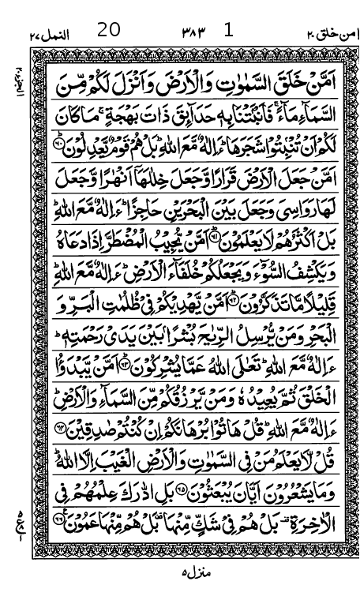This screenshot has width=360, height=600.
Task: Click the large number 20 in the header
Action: [x=109, y=31]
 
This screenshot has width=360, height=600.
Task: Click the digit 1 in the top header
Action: [x=229, y=31]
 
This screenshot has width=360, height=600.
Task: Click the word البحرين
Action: [x=173, y=203]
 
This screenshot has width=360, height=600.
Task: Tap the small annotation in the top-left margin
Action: [x=17, y=79]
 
